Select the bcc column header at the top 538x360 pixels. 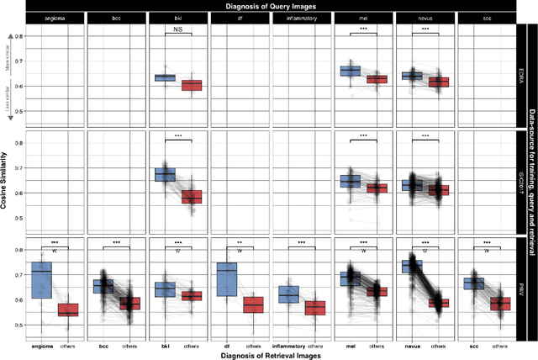click(117, 19)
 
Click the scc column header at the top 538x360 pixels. click(488, 19)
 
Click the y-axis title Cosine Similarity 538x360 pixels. click(7, 185)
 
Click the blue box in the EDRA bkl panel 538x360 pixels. click(166, 77)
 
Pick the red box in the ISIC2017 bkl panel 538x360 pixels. click(192, 197)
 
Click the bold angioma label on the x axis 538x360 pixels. click(41, 345)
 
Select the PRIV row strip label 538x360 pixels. click(521, 289)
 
